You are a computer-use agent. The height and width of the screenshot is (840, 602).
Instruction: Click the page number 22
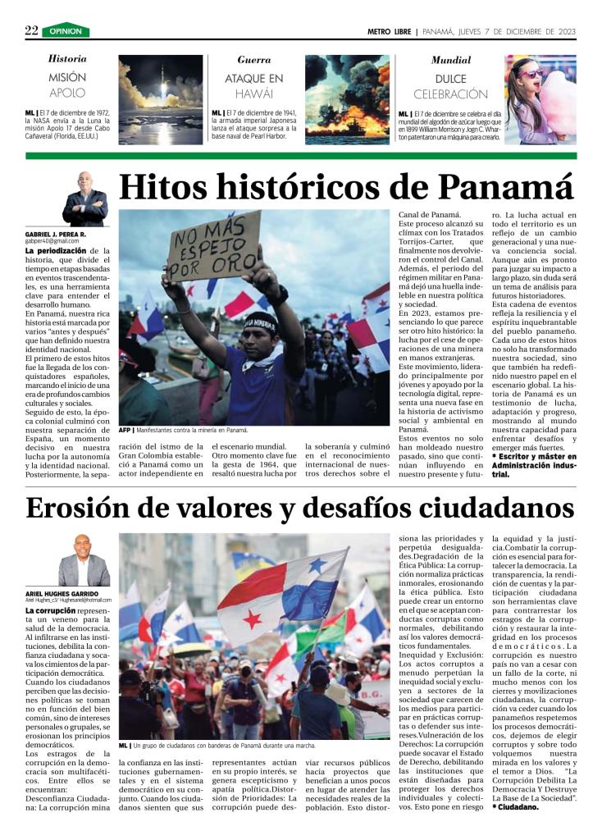pos(31,30)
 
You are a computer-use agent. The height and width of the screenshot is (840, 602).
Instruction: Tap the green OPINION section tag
pos(66,31)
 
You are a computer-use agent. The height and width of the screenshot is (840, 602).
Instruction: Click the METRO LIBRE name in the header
pos(390,31)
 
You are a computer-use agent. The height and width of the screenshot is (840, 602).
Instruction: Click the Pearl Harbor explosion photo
pos(347,99)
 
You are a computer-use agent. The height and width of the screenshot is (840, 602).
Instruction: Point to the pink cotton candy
pos(557,99)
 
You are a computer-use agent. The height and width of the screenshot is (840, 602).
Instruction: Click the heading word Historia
pos(67,59)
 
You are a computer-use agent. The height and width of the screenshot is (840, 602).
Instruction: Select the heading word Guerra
pos(254,60)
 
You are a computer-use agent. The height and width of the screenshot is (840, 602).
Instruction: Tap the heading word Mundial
pos(451,60)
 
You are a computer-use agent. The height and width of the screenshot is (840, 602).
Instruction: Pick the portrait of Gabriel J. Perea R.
pos(84,199)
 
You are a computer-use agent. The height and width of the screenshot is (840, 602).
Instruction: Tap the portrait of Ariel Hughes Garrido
pos(84,561)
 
